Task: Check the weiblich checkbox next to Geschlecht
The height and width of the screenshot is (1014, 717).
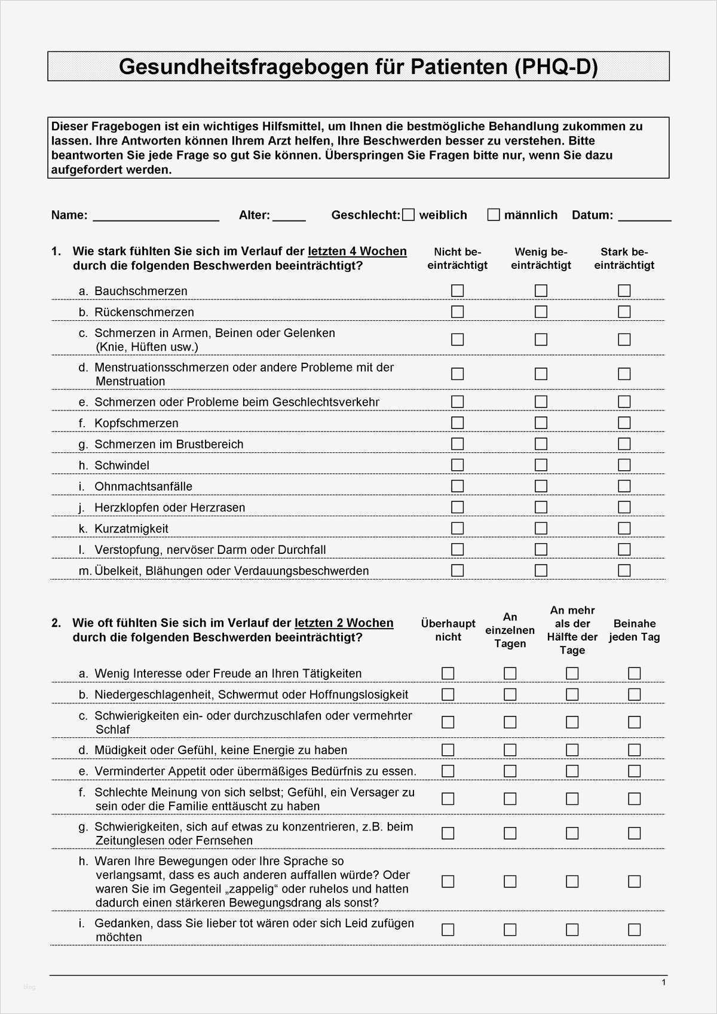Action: pyautogui.click(x=409, y=215)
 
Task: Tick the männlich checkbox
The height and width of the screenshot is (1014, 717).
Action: pyautogui.click(x=494, y=215)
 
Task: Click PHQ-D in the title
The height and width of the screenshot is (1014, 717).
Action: pyautogui.click(x=556, y=66)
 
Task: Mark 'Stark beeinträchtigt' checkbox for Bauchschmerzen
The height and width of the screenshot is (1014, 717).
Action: pyautogui.click(x=624, y=291)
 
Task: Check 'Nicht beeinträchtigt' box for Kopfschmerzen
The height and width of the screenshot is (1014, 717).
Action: pyautogui.click(x=458, y=423)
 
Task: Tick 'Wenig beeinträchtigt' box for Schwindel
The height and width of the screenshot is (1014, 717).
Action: pyautogui.click(x=541, y=465)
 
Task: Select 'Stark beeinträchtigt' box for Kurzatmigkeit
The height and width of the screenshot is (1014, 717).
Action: pyautogui.click(x=624, y=528)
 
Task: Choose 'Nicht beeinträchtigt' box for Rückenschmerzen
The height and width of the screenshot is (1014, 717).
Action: pyautogui.click(x=458, y=312)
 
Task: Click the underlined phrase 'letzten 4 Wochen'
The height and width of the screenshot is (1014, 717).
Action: pyautogui.click(x=357, y=252)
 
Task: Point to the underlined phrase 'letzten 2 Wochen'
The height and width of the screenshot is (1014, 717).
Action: pyautogui.click(x=344, y=623)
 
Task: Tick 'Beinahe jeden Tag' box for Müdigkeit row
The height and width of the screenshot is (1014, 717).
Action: pyautogui.click(x=635, y=750)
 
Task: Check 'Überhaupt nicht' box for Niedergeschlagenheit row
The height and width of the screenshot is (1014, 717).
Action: pyautogui.click(x=448, y=694)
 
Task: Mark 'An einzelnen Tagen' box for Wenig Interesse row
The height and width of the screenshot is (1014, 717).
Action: pyautogui.click(x=510, y=673)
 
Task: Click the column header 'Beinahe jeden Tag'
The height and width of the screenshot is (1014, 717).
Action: pyautogui.click(x=635, y=630)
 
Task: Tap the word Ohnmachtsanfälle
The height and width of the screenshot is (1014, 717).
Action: pyautogui.click(x=143, y=486)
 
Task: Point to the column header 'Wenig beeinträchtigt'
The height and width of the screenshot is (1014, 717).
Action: pyautogui.click(x=541, y=259)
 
